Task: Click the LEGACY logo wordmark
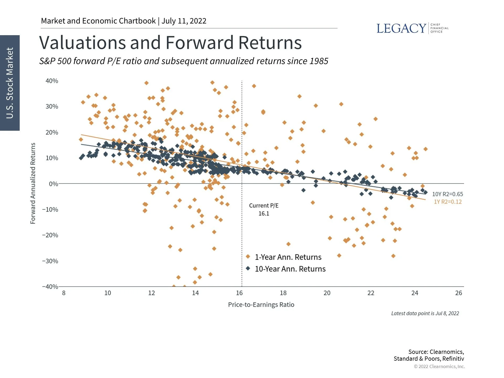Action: [401, 28]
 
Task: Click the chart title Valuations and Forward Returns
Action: [170, 43]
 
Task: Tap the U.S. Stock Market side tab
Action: [10, 83]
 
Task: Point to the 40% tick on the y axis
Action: [52, 81]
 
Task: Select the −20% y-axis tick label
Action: [50, 235]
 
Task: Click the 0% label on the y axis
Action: [53, 184]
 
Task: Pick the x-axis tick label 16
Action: [239, 293]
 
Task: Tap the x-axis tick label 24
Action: [414, 293]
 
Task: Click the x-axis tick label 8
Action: [64, 293]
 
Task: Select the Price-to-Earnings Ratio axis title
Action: [261, 305]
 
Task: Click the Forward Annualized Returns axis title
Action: [33, 183]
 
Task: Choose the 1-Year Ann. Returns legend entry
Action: [288, 257]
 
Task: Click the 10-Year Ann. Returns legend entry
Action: [290, 269]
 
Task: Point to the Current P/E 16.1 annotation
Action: [264, 209]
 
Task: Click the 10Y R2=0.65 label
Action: [447, 194]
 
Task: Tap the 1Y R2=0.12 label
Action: [447, 202]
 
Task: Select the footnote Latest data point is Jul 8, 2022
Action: [425, 313]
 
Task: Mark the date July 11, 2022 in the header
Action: [184, 21]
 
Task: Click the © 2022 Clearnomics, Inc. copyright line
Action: [439, 366]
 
